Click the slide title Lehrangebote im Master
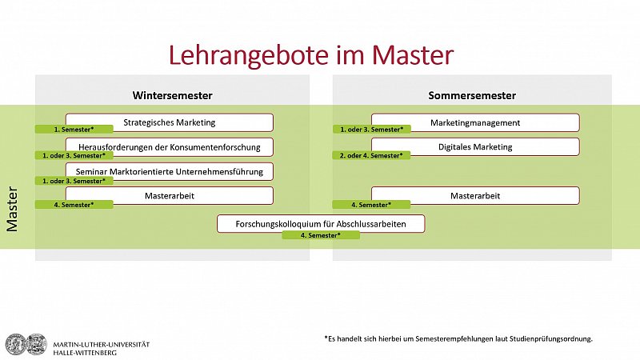[311, 55]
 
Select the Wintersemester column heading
[172, 95]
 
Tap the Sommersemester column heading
[472, 95]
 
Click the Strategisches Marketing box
[170, 122]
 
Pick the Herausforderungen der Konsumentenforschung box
[170, 147]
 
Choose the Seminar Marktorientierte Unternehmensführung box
[170, 171]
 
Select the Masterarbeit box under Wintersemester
[170, 195]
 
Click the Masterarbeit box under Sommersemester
[475, 195]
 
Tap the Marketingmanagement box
[475, 122]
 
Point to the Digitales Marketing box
[475, 146]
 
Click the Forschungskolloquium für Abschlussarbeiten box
[321, 224]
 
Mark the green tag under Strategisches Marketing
[74, 130]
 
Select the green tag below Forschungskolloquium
[321, 235]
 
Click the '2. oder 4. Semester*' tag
[371, 155]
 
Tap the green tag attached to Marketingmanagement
[371, 130]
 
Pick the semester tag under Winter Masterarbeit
[74, 205]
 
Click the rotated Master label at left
[12, 209]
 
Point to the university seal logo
[26, 344]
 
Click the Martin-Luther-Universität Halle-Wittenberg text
[102, 349]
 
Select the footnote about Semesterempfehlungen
[458, 338]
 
